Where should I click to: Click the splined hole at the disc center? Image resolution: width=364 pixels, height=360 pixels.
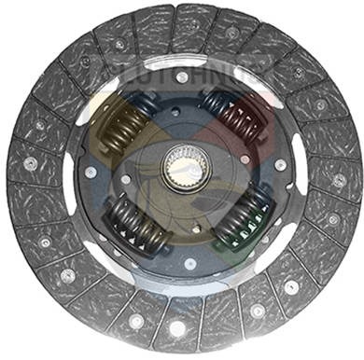pos(183,172)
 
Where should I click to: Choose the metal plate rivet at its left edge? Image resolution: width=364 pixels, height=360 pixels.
pos(90,173)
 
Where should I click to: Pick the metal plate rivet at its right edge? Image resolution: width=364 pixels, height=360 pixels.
pos(281,165)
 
